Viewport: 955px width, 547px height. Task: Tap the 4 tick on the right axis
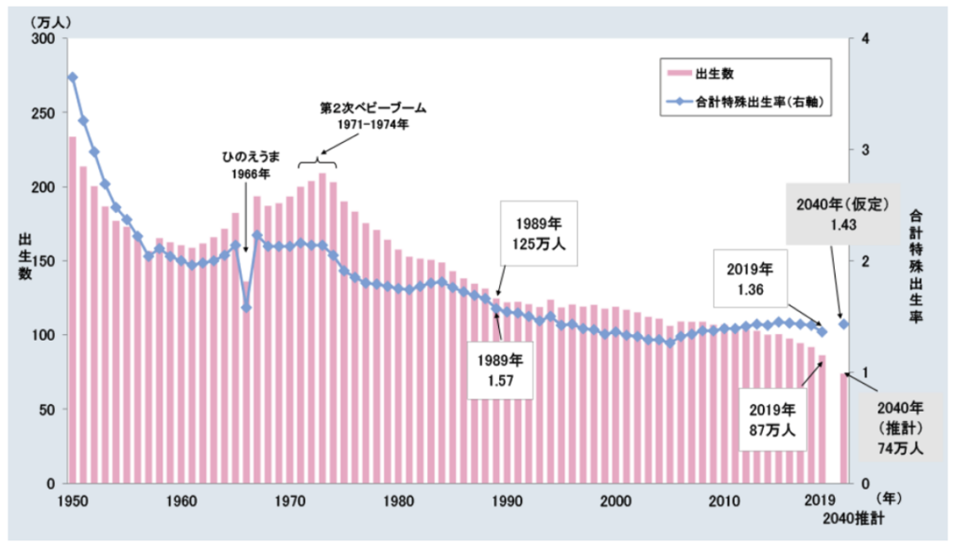click(x=866, y=38)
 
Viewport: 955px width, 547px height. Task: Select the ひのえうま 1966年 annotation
click(x=246, y=165)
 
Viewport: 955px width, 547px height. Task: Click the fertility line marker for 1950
click(x=73, y=77)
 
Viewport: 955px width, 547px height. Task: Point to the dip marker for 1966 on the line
click(x=246, y=307)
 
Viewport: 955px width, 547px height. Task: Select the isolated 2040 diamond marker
click(x=844, y=324)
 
